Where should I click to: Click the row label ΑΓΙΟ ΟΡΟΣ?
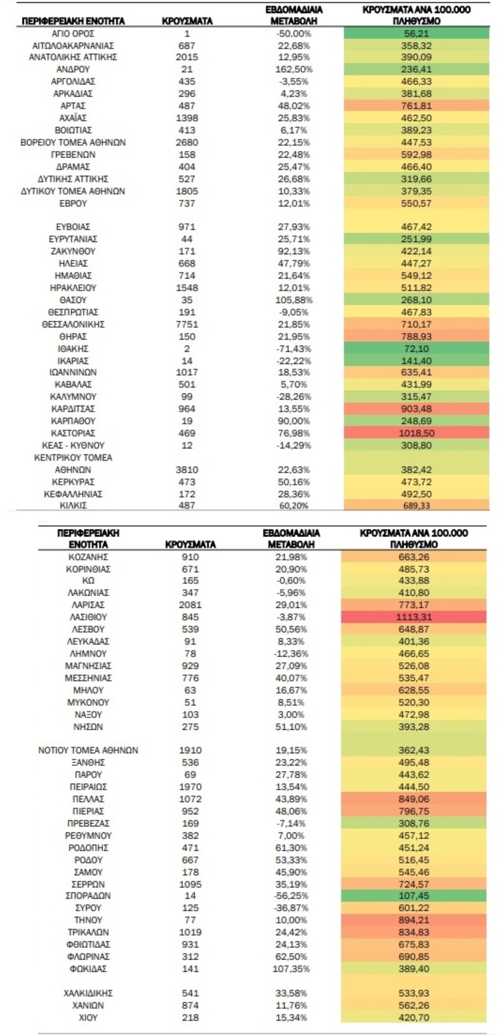pos(73,34)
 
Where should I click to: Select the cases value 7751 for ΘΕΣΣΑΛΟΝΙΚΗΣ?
pos(187,324)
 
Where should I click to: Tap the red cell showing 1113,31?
pos(413,617)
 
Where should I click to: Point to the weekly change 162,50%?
pos(294,69)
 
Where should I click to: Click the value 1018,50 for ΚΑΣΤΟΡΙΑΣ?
pos(416,433)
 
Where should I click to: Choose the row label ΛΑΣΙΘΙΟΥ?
pos(88,617)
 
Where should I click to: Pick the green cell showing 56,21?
pos(416,34)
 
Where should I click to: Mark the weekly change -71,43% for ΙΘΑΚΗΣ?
pos(294,349)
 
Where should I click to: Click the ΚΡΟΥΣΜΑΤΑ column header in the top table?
pos(187,21)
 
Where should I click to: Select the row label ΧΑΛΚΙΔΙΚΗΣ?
pos(88,993)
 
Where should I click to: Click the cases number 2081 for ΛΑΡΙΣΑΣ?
pos(190,605)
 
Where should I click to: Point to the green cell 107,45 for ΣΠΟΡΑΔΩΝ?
pos(413,895)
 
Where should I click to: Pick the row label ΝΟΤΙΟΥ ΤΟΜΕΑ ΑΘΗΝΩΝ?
pos(88,750)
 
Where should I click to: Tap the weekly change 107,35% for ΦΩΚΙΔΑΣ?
pos(291,969)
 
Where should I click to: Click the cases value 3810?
pos(187,470)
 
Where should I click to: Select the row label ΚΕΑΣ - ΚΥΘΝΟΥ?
pos(73,446)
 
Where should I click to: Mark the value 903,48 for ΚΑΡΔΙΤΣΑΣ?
pos(416,409)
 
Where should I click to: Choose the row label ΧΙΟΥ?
pos(88,1017)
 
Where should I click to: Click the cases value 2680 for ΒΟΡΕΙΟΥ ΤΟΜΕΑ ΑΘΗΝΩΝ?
pos(187,143)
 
